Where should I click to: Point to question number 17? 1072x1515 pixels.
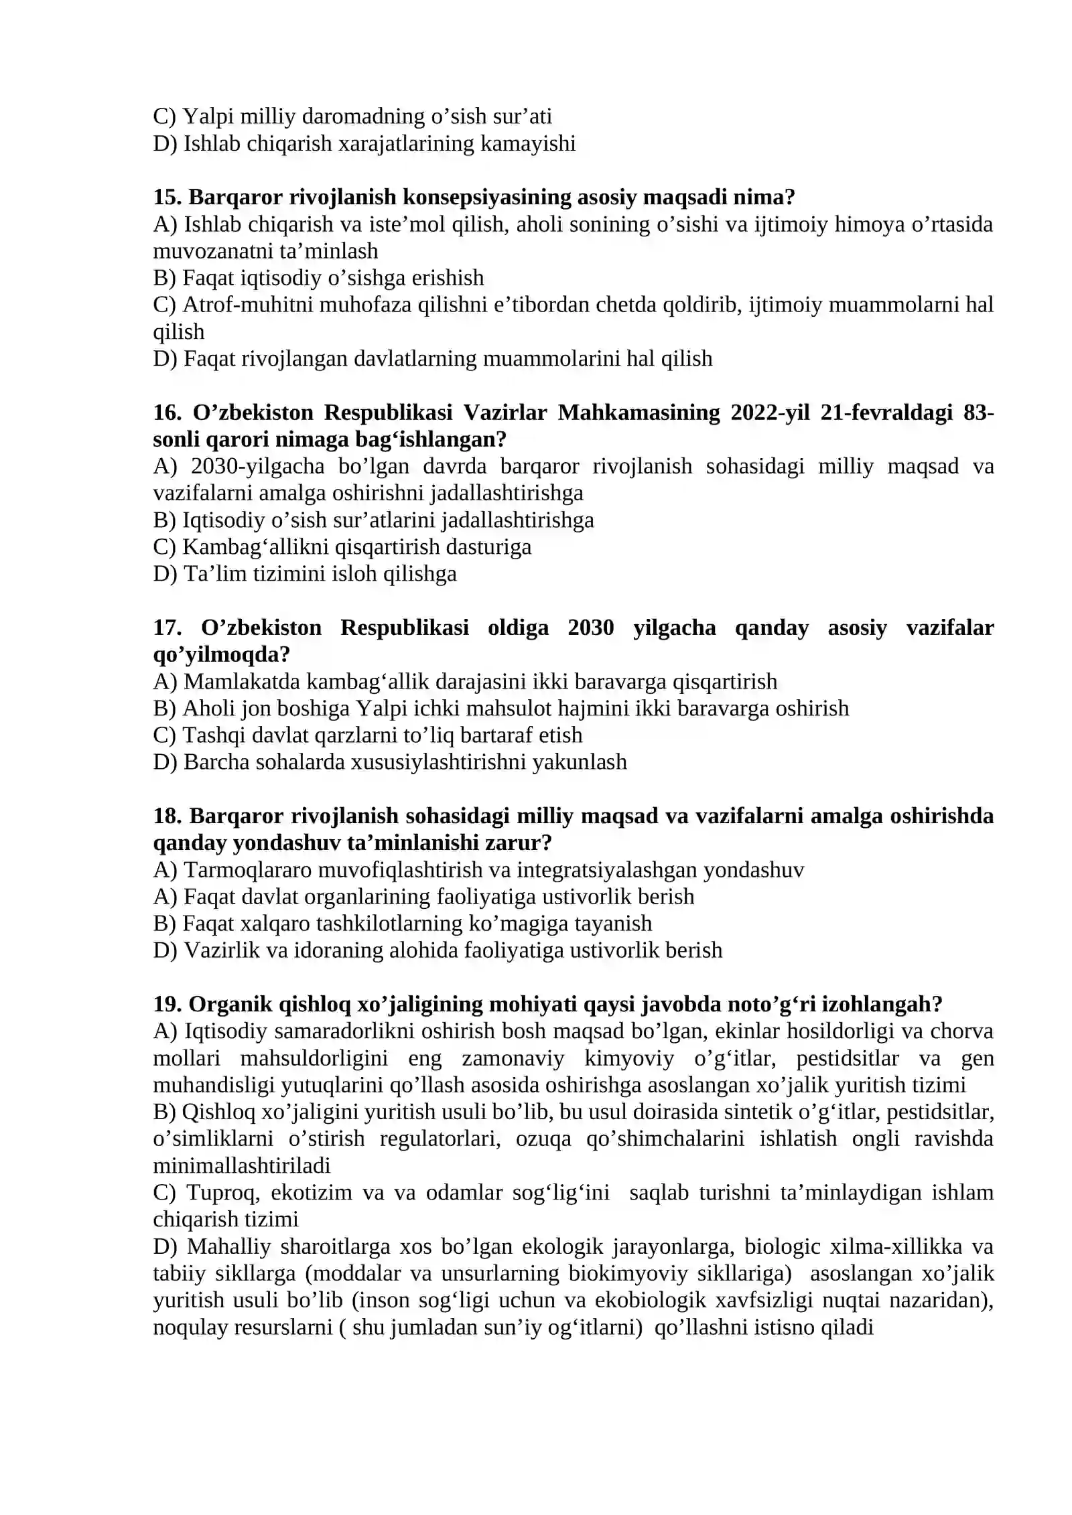(x=167, y=628)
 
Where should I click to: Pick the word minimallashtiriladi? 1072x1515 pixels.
(x=241, y=1165)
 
